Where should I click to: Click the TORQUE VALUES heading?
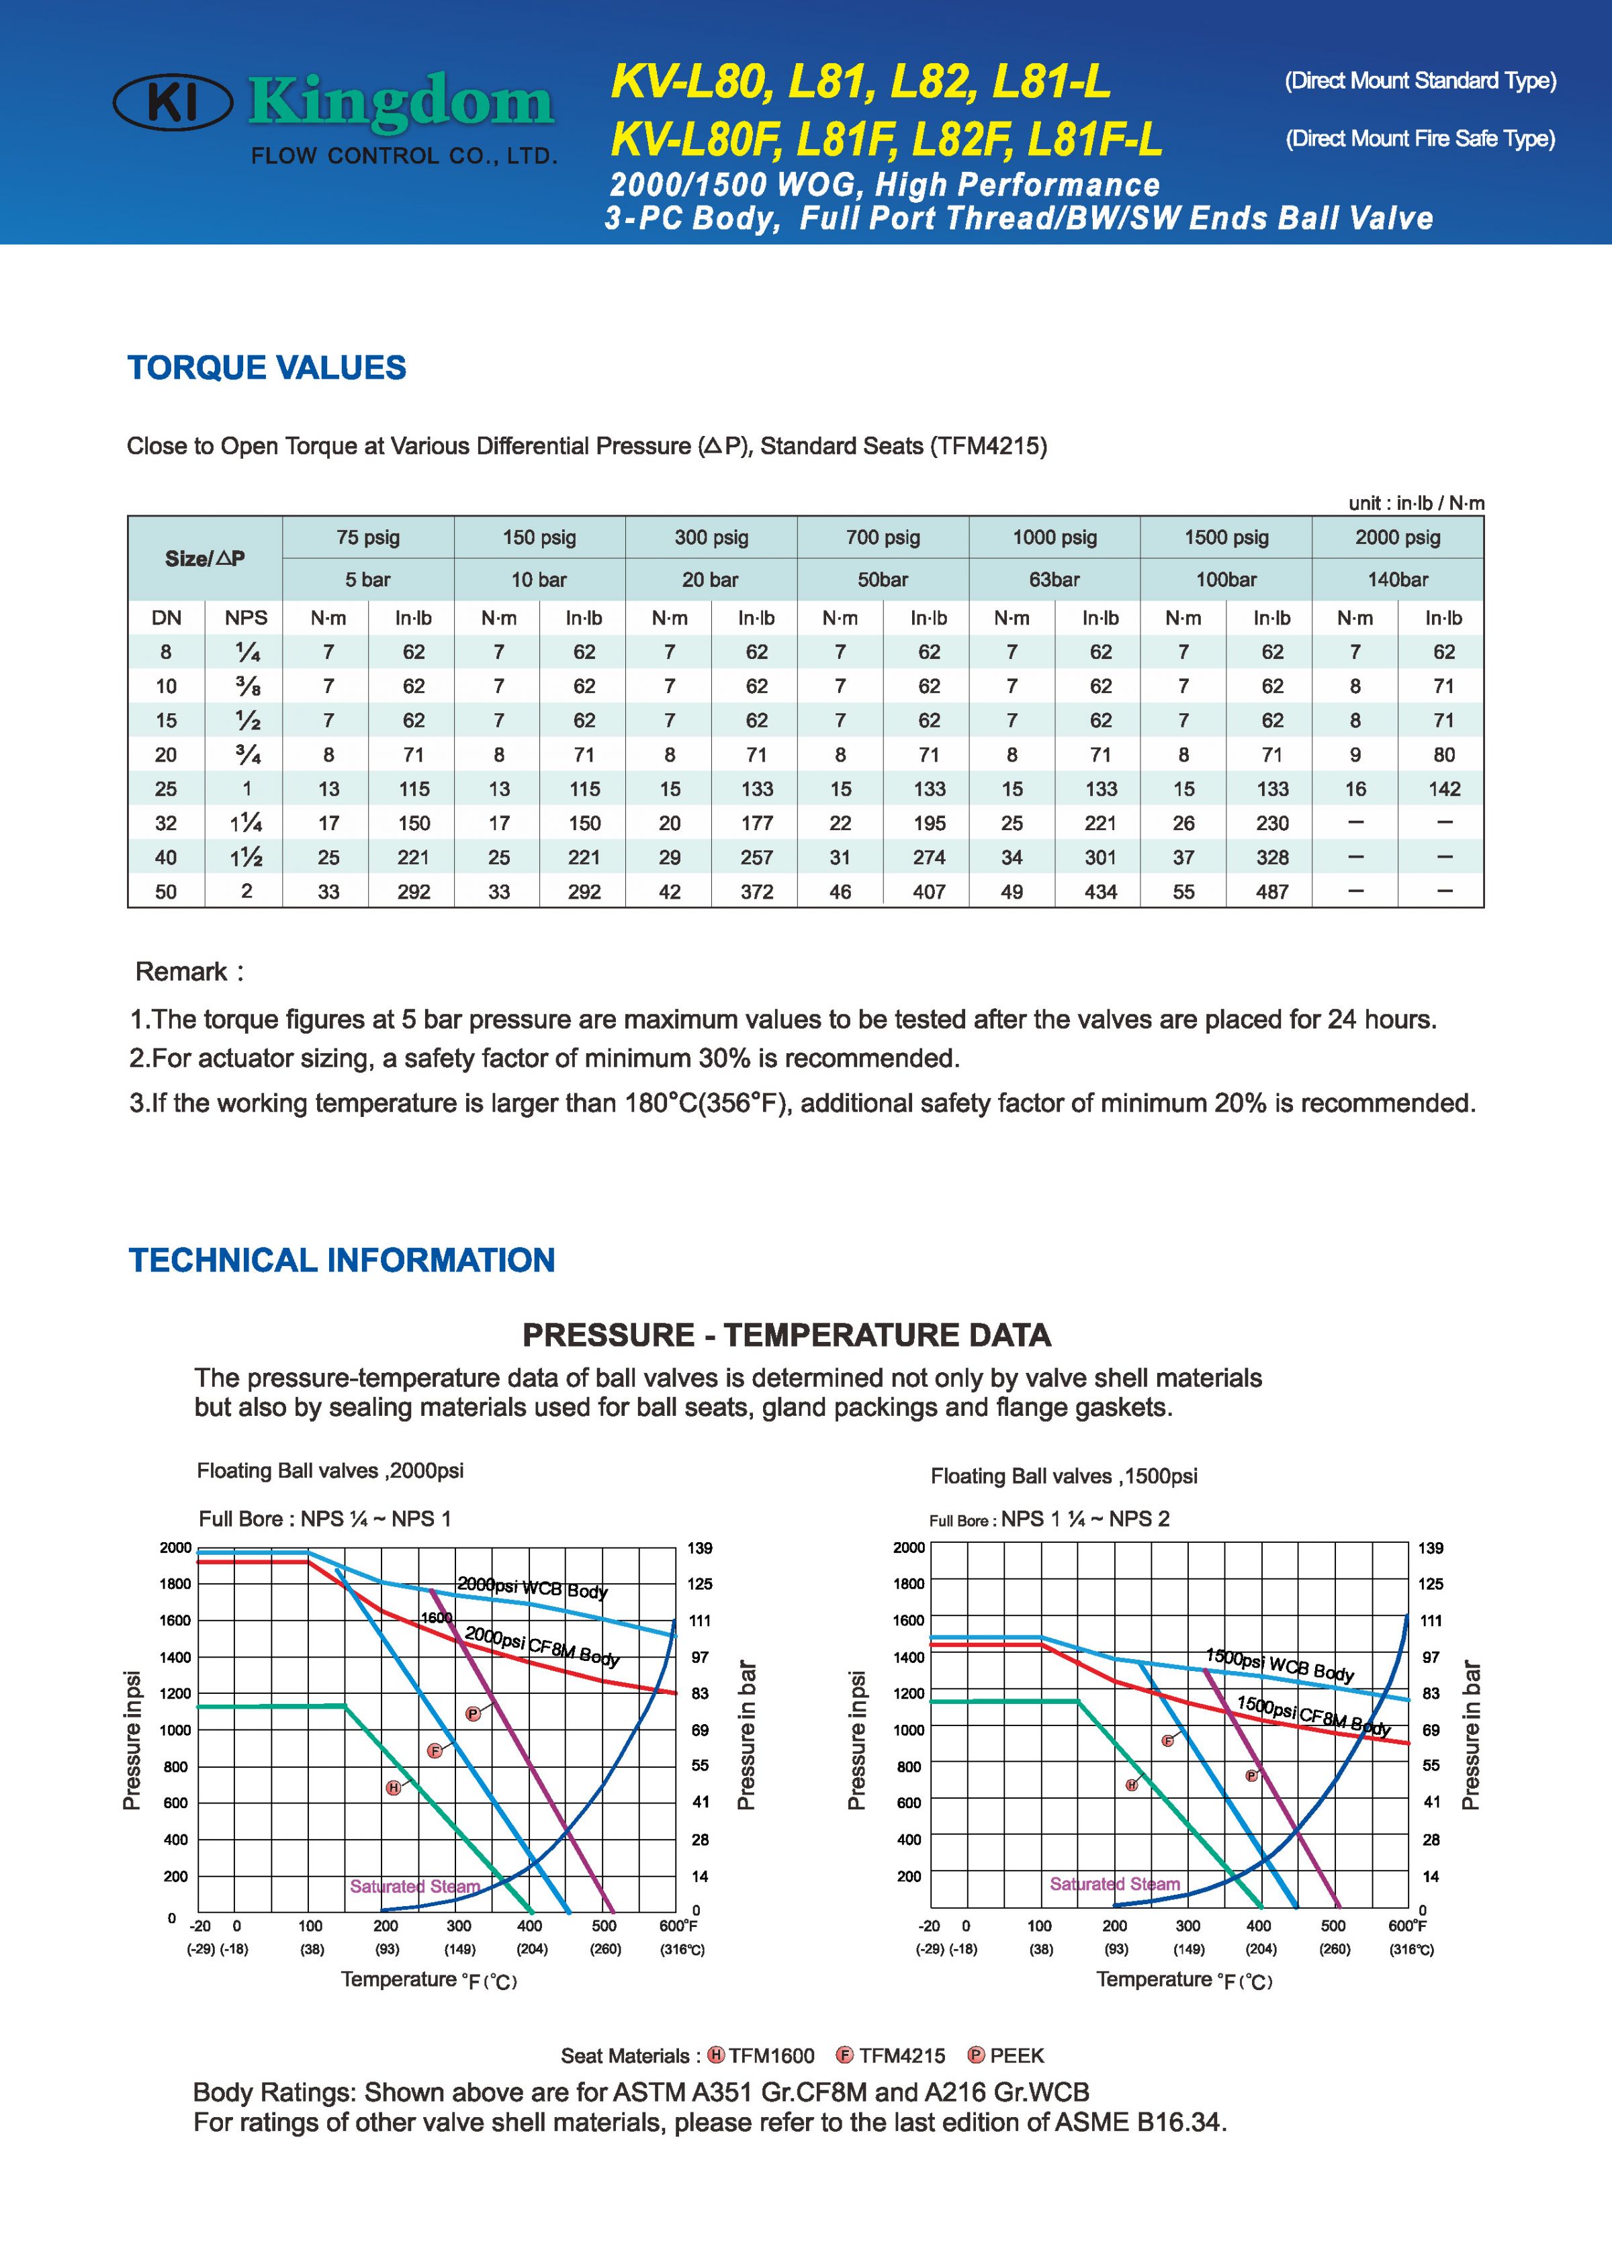pyautogui.click(x=267, y=367)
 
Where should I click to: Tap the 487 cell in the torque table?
pyautogui.click(x=1271, y=891)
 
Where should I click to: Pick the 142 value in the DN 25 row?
pyautogui.click(x=1443, y=789)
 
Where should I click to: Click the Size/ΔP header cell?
pyautogui.click(x=205, y=559)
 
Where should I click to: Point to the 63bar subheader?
pyautogui.click(x=1054, y=580)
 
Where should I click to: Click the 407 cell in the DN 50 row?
pyautogui.click(x=929, y=891)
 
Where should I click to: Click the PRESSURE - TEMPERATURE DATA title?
pyautogui.click(x=787, y=1335)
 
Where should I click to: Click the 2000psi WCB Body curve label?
pyautogui.click(x=533, y=1588)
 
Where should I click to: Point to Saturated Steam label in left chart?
pyautogui.click(x=415, y=1887)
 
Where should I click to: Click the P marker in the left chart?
pyautogui.click(x=474, y=1714)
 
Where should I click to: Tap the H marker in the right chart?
pyautogui.click(x=1132, y=1785)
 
